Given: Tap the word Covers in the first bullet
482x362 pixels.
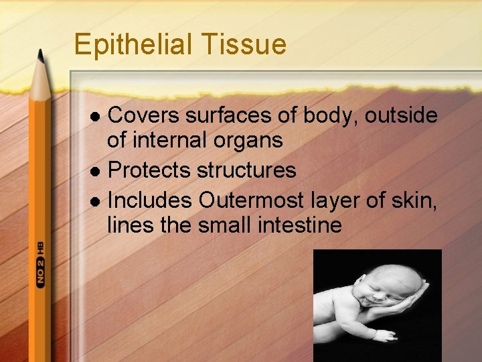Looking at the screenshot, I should pos(143,116).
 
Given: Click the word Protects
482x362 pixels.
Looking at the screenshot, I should pos(149,170).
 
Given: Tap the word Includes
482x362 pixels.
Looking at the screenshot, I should pos(150,200).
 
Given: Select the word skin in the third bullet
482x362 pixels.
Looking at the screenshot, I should pos(419,200).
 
